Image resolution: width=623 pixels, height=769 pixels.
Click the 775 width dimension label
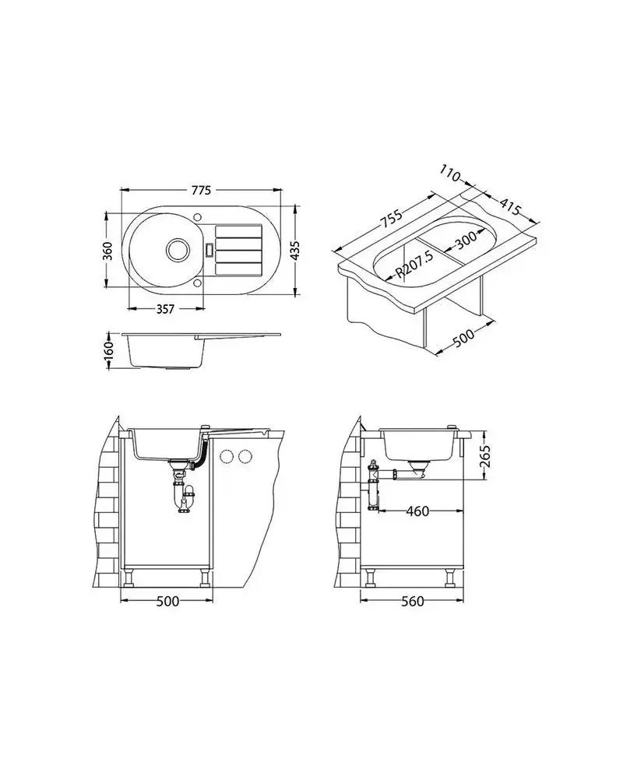(201, 190)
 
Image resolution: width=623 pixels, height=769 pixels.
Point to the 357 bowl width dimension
(165, 309)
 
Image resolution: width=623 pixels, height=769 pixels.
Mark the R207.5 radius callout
(414, 265)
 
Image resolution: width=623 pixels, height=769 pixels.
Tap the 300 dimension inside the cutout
(465, 239)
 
